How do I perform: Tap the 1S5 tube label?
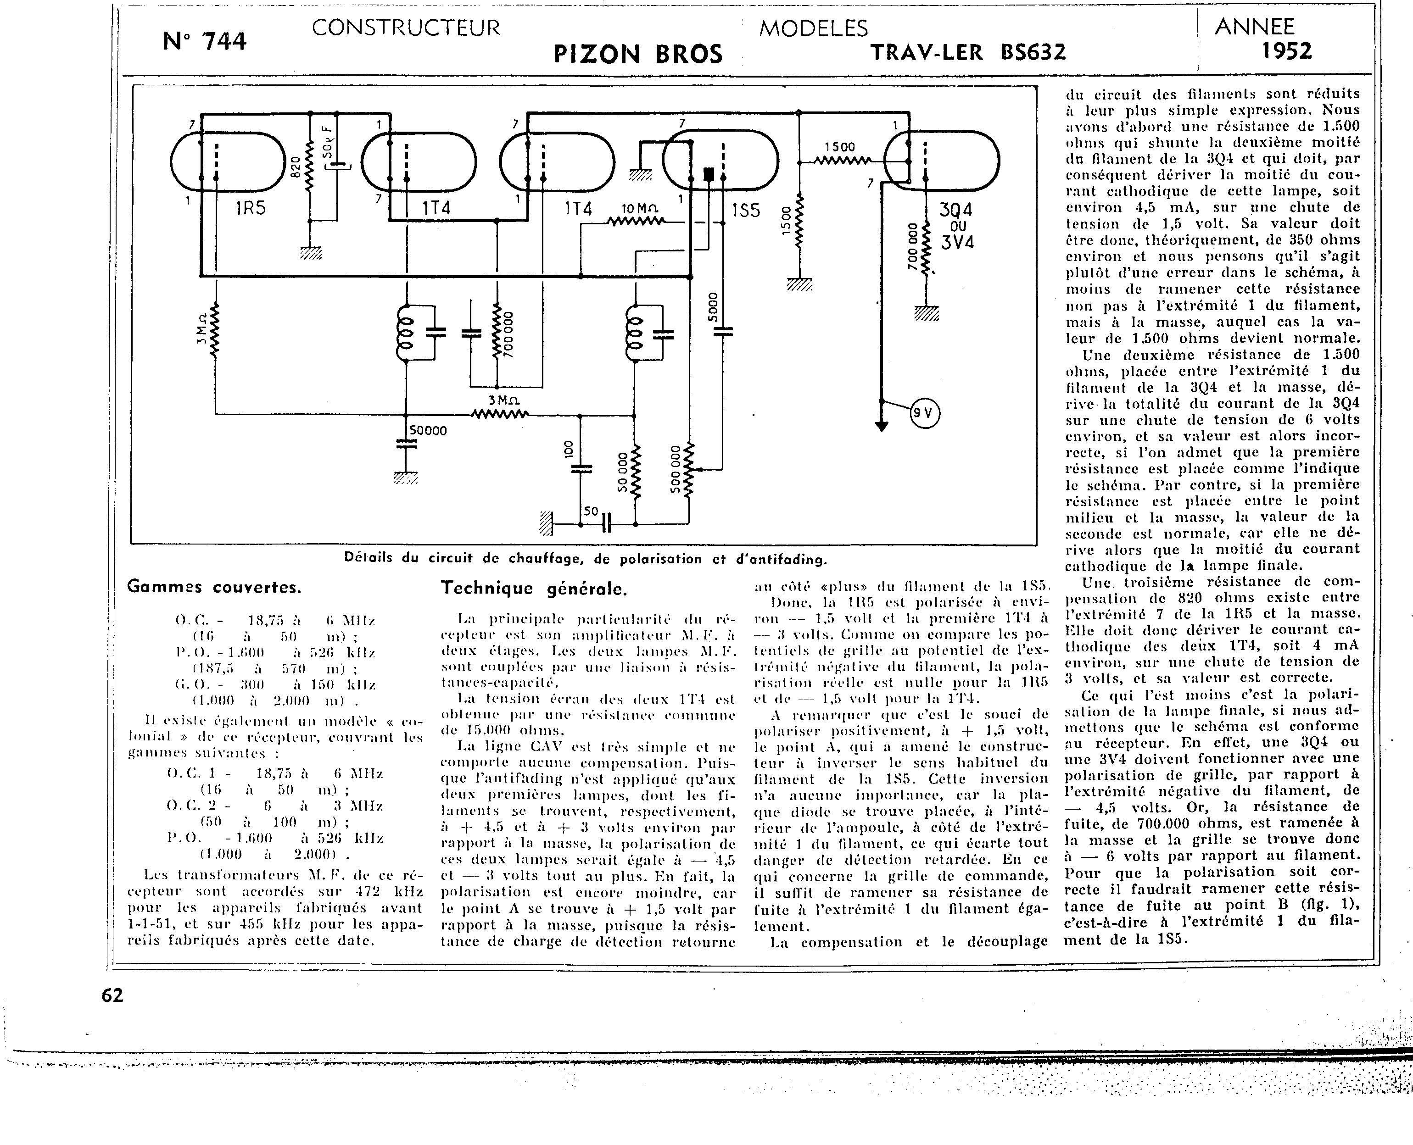[x=746, y=211]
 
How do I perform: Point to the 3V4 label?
[x=957, y=242]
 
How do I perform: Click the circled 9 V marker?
[x=925, y=413]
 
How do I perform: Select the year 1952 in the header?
[x=1286, y=51]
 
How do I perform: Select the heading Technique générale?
[x=534, y=589]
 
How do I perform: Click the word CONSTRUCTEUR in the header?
[x=406, y=28]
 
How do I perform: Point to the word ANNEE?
[x=1255, y=27]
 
